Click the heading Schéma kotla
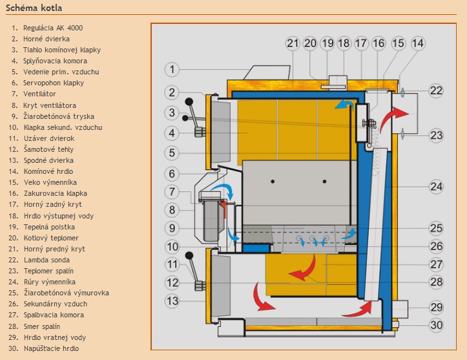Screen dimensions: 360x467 (34, 7)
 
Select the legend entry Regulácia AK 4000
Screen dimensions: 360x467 (52, 28)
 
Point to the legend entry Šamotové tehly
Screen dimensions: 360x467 (48, 149)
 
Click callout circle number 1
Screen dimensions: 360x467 (171, 69)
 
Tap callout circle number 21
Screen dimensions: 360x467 (293, 43)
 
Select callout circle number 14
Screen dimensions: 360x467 (418, 43)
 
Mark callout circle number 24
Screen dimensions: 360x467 (437, 187)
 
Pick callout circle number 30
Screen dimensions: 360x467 (437, 325)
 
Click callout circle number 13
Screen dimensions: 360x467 (171, 301)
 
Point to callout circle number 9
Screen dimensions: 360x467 (171, 228)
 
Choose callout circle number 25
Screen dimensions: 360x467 (437, 228)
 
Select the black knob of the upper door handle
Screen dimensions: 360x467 (189, 102)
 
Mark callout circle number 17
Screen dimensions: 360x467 (360, 43)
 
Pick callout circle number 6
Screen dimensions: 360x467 (171, 174)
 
